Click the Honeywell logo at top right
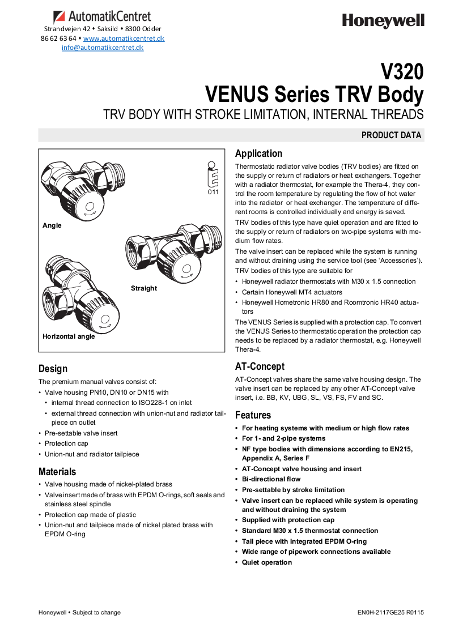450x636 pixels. pyautogui.click(x=383, y=21)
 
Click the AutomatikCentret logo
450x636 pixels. pyautogui.click(x=102, y=17)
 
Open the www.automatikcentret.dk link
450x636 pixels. pyautogui.click(x=124, y=38)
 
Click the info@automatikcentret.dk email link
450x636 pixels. pyautogui.click(x=103, y=48)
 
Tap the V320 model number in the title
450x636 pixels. pyautogui.click(x=401, y=72)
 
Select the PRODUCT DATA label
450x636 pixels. pyautogui.click(x=391, y=135)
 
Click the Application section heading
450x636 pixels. pyautogui.click(x=258, y=153)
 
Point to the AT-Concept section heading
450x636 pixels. pyautogui.click(x=260, y=366)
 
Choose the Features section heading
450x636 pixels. pyautogui.click(x=253, y=415)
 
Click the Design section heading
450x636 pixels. pyautogui.click(x=53, y=369)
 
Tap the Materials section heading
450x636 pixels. pyautogui.click(x=57, y=471)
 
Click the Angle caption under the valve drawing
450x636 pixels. pyautogui.click(x=52, y=225)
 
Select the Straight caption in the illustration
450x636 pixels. pyautogui.click(x=144, y=288)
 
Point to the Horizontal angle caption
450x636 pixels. pyautogui.click(x=69, y=336)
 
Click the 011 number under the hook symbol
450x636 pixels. pyautogui.click(x=213, y=192)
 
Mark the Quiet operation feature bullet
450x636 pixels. pyautogui.click(x=266, y=562)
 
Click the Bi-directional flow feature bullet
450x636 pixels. pyautogui.click(x=271, y=479)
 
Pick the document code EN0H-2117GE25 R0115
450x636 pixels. pyautogui.click(x=390, y=612)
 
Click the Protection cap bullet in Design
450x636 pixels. pyautogui.click(x=66, y=443)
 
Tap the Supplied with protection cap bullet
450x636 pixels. pyautogui.click(x=288, y=520)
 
